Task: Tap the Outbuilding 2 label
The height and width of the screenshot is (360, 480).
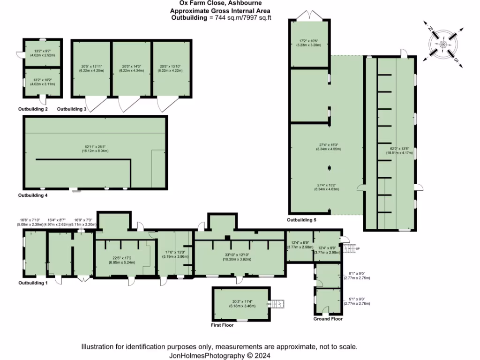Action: pos(33,109)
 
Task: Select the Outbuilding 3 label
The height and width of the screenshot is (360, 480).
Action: pos(72,109)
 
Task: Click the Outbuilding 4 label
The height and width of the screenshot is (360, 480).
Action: pos(33,195)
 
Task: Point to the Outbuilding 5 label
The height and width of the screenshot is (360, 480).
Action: pos(302,219)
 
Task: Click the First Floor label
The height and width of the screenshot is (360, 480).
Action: pos(222,324)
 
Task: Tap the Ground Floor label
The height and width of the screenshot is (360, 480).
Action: pos(328,319)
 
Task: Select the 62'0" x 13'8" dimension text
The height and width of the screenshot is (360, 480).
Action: pos(390,150)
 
